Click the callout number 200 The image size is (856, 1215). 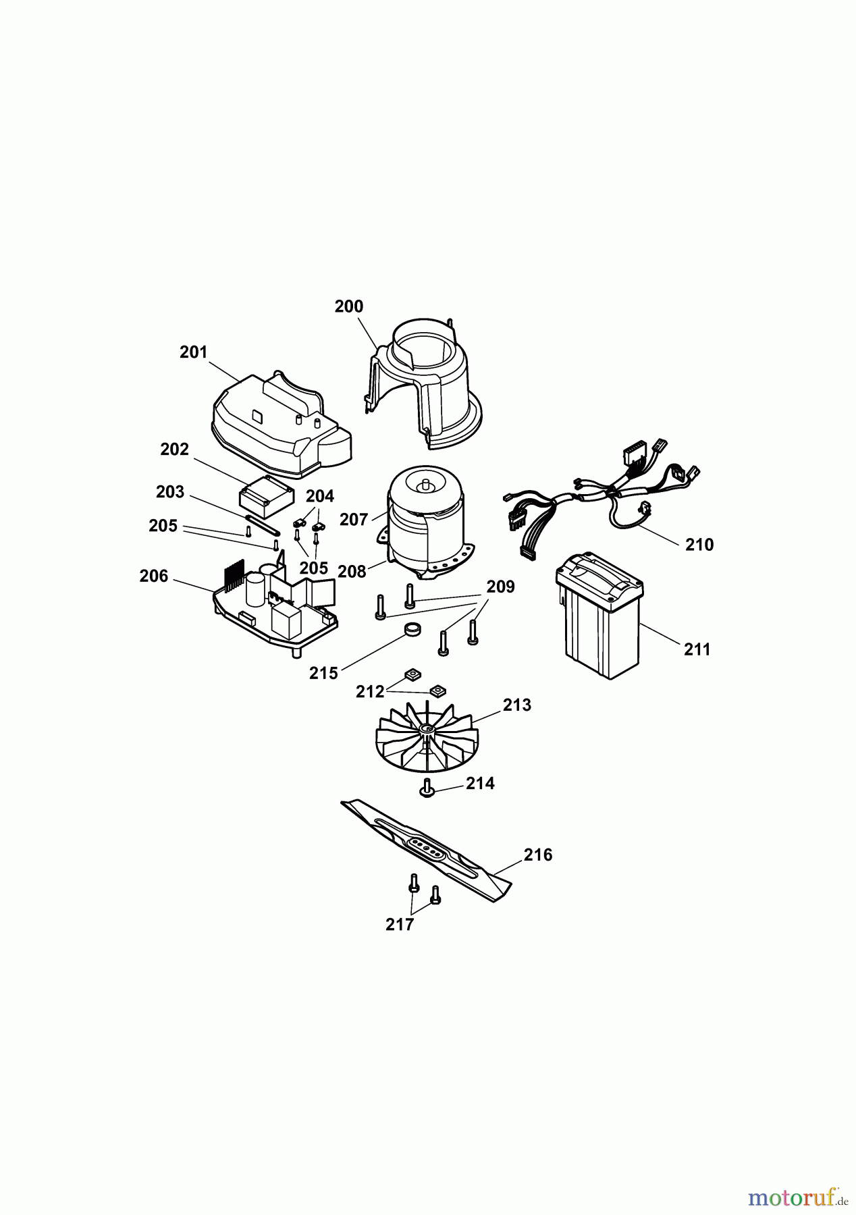coord(348,306)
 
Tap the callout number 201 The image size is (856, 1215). coord(193,352)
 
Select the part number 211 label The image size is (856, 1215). coord(697,649)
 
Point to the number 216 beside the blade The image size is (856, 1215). coord(538,855)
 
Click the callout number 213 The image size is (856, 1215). coord(517,705)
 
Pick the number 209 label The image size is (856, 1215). coord(500,587)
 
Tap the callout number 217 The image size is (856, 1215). coord(400,925)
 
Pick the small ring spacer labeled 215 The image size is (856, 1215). coord(412,630)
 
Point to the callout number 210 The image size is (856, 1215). coord(699,545)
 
